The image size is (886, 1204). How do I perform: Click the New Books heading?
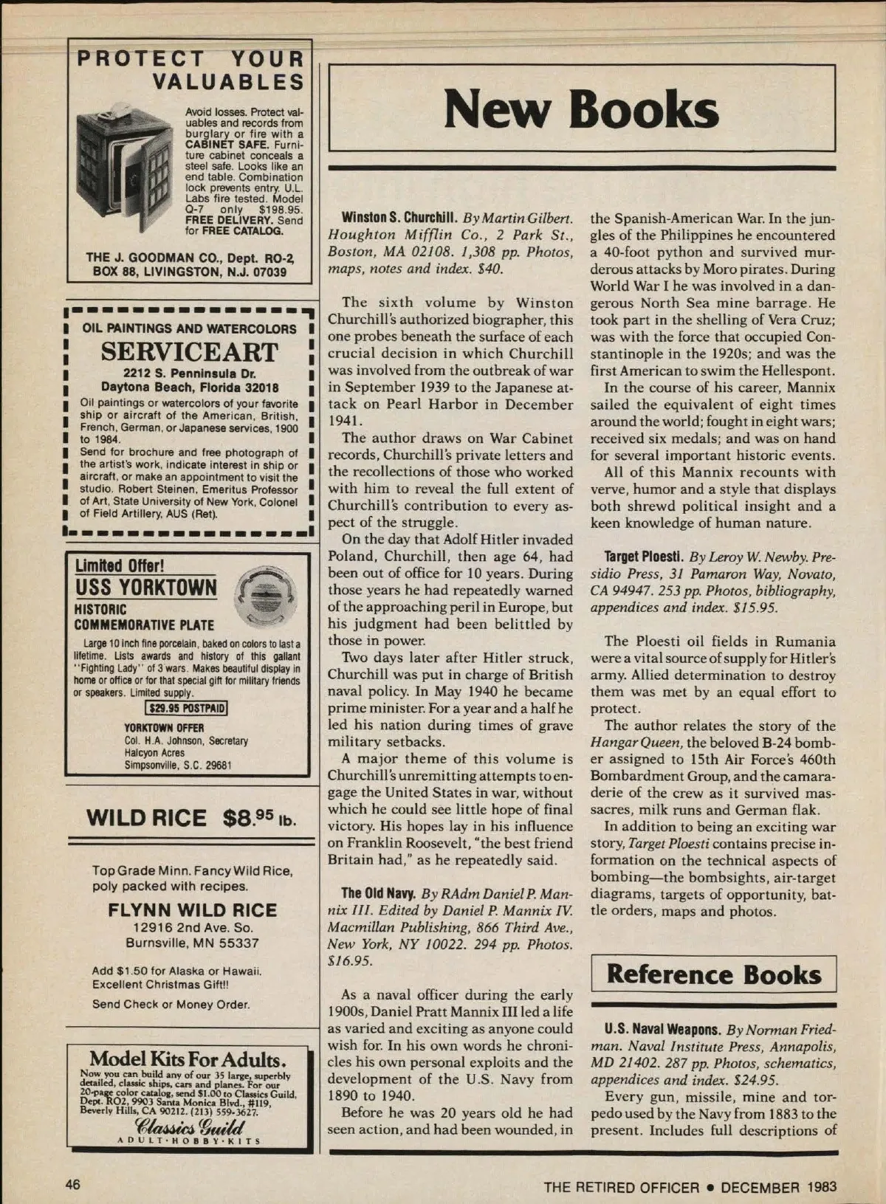tap(581, 109)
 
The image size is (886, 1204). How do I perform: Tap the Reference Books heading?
tap(713, 974)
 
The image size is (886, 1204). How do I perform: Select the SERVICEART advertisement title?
tap(189, 352)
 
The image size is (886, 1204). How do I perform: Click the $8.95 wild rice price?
tap(259, 818)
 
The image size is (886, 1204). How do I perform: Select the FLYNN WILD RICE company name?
tap(192, 910)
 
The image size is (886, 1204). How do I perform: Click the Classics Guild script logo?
tap(190, 1126)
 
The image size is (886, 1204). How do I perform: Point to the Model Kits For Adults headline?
tap(188, 1060)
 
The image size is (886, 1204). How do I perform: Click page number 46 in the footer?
tap(72, 1185)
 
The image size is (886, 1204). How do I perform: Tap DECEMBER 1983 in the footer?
tap(778, 1187)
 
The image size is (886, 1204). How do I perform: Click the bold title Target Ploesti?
tap(643, 557)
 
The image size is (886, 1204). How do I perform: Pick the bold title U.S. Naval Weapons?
tap(662, 1030)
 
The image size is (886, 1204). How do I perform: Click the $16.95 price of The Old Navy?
tap(350, 961)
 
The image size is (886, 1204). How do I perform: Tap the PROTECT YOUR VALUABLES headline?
tap(190, 69)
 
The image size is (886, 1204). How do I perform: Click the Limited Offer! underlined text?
tap(120, 566)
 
